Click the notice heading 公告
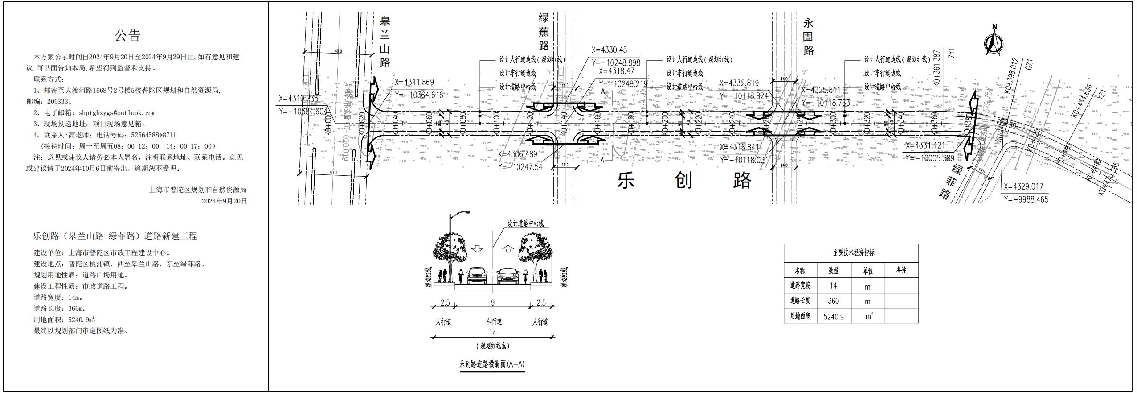tap(128, 36)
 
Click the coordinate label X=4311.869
tap(414, 83)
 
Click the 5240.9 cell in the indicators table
tap(834, 317)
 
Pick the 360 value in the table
tap(833, 301)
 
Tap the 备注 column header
tap(901, 270)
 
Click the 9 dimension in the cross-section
tap(493, 303)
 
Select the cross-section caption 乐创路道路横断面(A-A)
tap(492, 364)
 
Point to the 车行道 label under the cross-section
tap(494, 321)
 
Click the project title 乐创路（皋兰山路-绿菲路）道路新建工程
tap(115, 236)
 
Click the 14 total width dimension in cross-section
tap(492, 333)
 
